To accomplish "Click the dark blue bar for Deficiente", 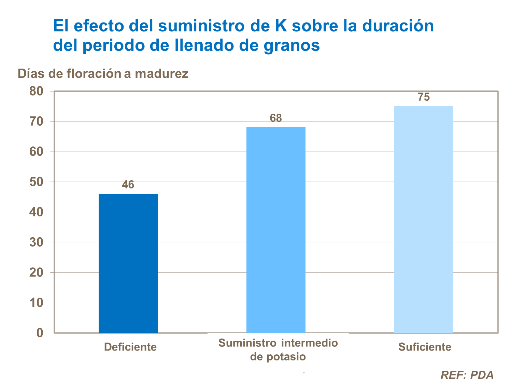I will (x=128, y=263).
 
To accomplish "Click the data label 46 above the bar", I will (x=128, y=185).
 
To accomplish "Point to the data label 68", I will (x=276, y=118).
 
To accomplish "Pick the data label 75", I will (x=424, y=97).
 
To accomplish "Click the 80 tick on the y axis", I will (x=36, y=91).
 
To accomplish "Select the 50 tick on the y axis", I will (x=36, y=182).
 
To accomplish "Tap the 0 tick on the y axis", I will (x=40, y=333).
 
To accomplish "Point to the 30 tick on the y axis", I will (x=36, y=242).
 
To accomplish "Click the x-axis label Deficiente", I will (x=130, y=347).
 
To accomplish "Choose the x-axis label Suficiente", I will (x=425, y=347).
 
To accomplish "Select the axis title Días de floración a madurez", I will (x=103, y=73).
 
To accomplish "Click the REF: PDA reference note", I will (x=467, y=375).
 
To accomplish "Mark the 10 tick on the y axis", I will (x=36, y=303).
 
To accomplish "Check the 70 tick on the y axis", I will (x=36, y=122).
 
